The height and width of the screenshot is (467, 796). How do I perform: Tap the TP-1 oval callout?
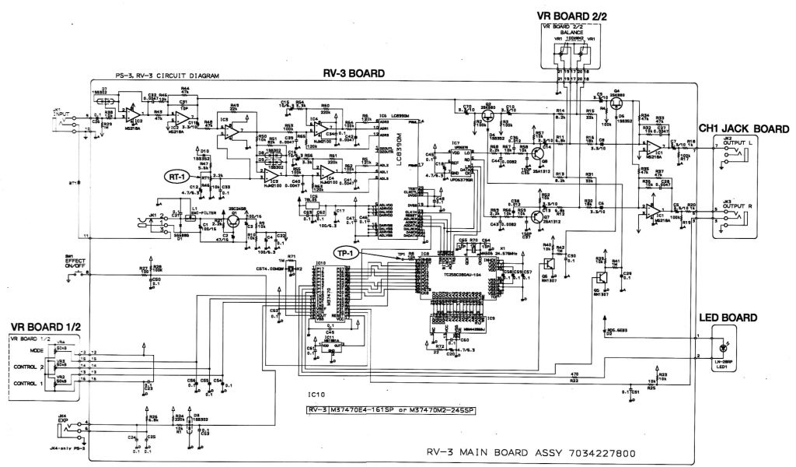(347, 254)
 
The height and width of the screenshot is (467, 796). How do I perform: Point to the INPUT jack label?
(61, 114)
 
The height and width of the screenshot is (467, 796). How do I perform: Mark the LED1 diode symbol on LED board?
(727, 347)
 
